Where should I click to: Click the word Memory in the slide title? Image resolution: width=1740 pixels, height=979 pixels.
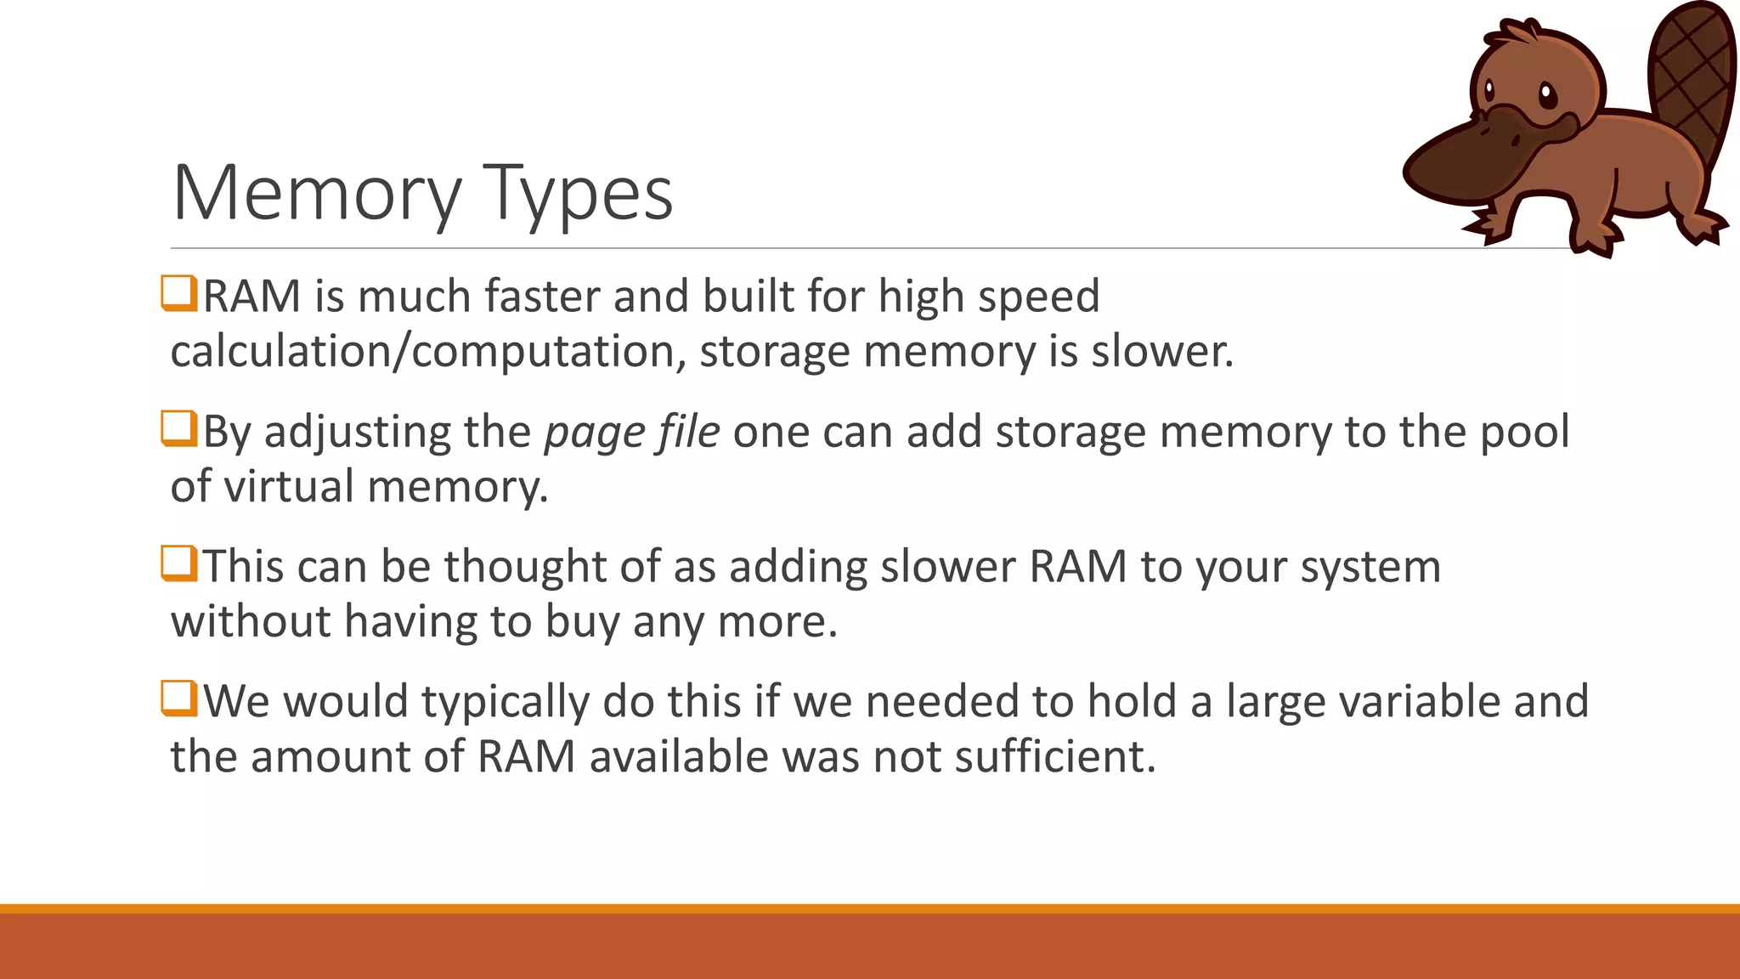click(317, 194)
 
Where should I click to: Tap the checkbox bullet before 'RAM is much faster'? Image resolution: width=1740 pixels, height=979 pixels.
click(179, 293)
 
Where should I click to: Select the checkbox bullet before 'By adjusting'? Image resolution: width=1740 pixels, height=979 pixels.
click(179, 428)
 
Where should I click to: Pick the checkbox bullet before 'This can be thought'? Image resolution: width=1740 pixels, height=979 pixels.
click(179, 563)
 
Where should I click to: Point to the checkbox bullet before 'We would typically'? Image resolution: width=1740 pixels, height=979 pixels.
click(179, 699)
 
